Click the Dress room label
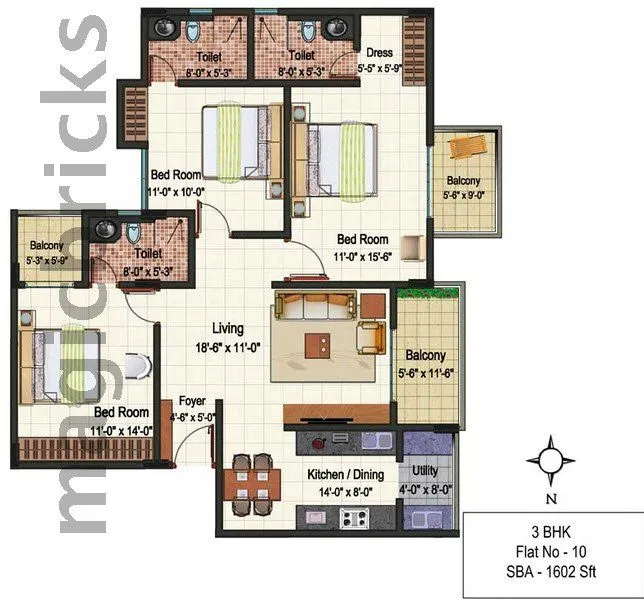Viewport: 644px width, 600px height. click(379, 53)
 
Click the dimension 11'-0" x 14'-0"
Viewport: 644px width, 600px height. click(122, 430)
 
